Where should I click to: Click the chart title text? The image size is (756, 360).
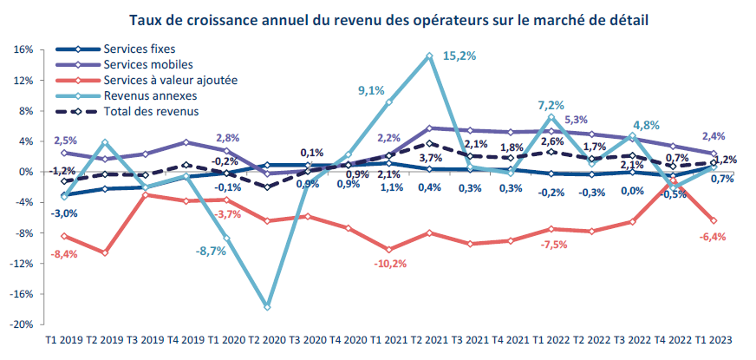tap(388, 18)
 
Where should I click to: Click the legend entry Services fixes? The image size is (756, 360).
tap(139, 49)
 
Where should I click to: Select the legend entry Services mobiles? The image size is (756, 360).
tap(147, 64)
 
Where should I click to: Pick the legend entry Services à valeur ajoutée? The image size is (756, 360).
tap(169, 80)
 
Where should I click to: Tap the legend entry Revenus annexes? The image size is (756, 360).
tap(149, 95)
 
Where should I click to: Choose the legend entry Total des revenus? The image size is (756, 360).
tap(151, 111)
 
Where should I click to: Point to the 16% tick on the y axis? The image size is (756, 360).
tap(23, 49)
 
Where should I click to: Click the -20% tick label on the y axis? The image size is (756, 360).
tap(21, 324)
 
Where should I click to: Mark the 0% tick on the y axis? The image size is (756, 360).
tap(25, 172)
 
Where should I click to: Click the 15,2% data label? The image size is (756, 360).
tap(459, 56)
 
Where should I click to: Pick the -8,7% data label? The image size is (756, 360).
tap(211, 251)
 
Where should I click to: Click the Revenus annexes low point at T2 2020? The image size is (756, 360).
tap(267, 307)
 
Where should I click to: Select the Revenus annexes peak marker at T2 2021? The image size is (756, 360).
tap(429, 56)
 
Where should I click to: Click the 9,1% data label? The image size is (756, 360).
tap(371, 88)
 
